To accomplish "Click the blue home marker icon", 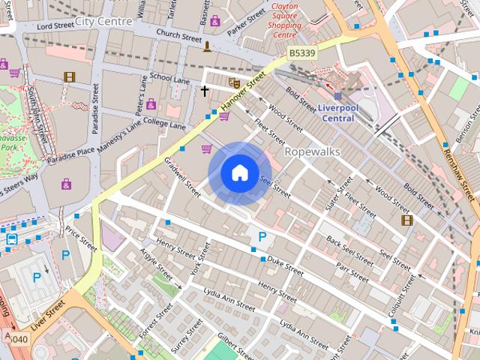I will click(x=238, y=173).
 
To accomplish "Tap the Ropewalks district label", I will click(x=313, y=151).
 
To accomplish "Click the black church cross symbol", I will click(x=204, y=91).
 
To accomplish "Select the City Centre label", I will click(x=103, y=21).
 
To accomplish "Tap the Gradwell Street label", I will click(x=184, y=177).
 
